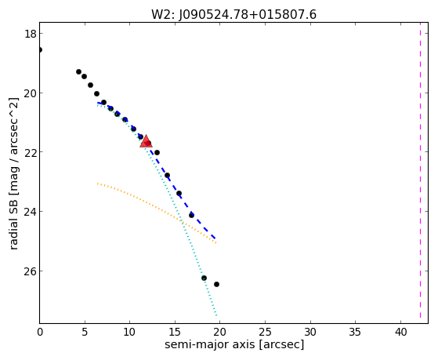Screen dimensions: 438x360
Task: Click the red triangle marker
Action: point(146,141)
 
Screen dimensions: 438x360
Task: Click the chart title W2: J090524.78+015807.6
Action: point(233,14)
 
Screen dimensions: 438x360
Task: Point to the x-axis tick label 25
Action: point(265,332)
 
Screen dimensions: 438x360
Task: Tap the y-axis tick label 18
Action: point(30,34)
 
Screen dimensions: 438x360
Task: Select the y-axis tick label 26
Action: point(30,271)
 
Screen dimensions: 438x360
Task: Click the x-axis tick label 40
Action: point(400,332)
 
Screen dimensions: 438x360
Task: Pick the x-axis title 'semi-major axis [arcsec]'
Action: point(234,344)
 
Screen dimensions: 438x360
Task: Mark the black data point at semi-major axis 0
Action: point(40,49)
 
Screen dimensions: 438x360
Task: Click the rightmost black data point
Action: point(216,284)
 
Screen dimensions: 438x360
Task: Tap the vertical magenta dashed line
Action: point(420,173)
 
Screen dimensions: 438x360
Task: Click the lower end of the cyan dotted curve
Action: point(216,316)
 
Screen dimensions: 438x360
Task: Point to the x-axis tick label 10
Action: point(129,332)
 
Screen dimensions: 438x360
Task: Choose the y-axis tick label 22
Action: point(30,152)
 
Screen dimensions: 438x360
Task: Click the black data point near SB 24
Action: point(191,215)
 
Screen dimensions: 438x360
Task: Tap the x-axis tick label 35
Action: point(355,332)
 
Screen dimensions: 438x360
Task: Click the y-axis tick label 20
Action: point(30,93)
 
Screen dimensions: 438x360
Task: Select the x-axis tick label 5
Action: point(85,332)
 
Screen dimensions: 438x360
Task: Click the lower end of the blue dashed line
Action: point(215,238)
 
